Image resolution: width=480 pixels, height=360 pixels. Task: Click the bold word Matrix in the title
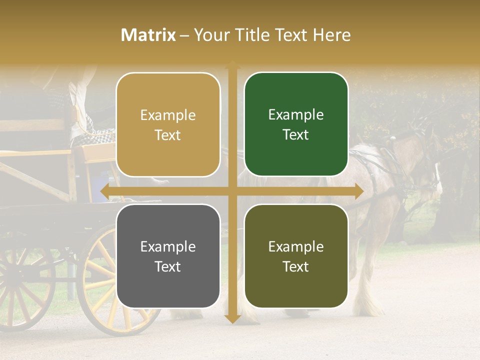pos(148,35)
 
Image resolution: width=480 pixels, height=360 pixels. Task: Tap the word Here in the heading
pos(331,35)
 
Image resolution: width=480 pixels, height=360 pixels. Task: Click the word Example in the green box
pos(296,115)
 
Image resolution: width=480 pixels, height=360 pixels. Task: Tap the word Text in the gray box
pos(168,266)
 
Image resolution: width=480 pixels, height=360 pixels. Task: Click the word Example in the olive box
pos(296,246)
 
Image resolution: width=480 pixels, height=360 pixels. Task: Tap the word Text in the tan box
pos(168,135)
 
